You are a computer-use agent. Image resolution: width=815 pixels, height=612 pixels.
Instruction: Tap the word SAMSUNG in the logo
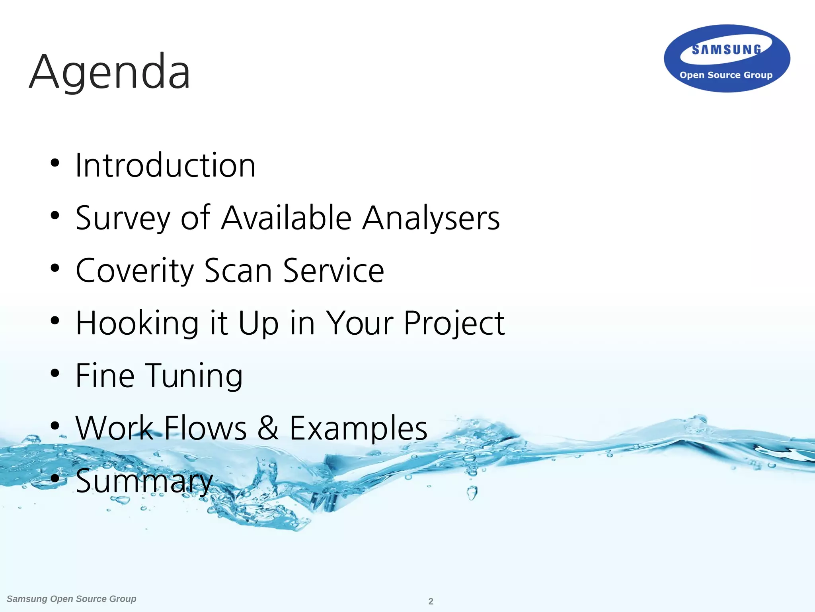pos(727,50)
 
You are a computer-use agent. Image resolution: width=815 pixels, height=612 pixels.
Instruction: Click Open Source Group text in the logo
pos(726,75)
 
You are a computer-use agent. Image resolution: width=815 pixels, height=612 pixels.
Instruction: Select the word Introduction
pos(165,165)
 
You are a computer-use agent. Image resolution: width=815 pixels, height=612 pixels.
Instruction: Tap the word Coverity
pos(135,271)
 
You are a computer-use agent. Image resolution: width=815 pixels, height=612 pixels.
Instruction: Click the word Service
pos(333,271)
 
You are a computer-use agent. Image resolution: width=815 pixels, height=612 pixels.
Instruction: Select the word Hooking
pos(137,324)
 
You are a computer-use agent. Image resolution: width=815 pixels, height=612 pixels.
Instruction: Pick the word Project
pos(454,324)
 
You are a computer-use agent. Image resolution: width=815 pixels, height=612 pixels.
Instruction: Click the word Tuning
pos(194,376)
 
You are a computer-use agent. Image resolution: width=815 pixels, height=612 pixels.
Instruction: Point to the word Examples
pos(358,429)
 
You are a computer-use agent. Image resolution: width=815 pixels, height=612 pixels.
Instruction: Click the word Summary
pos(144,481)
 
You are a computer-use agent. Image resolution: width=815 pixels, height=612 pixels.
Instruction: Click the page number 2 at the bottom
pos(431,601)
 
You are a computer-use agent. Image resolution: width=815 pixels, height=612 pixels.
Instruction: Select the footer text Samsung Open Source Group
pos(72,599)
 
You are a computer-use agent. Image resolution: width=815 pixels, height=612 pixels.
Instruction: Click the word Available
pos(287,218)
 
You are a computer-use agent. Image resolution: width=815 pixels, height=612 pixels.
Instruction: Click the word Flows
pos(205,428)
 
